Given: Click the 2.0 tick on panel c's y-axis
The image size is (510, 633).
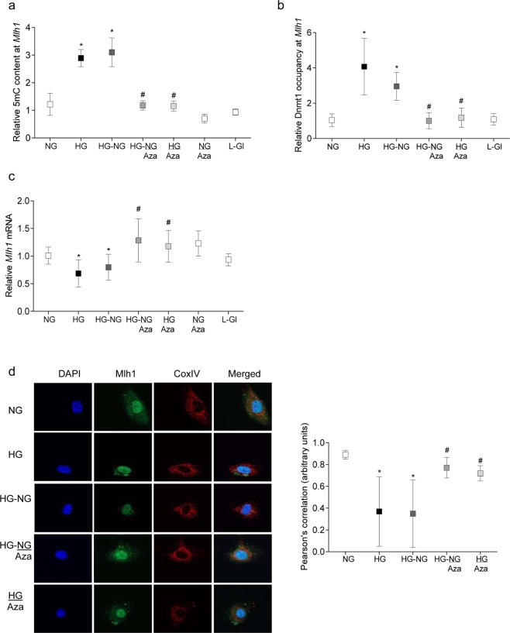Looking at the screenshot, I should click(x=48, y=201).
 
